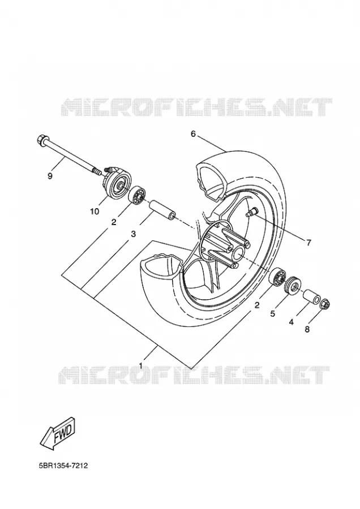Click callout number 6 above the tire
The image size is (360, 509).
coord(193,133)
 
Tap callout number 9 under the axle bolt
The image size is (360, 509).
coord(50,176)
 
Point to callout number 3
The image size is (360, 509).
coord(133,234)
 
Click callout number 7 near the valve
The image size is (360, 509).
coord(308,242)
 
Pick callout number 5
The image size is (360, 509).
coord(273,313)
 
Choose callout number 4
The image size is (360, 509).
coord(292,322)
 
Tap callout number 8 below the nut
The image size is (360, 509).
coord(307,329)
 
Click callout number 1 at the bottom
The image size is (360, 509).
coord(141,366)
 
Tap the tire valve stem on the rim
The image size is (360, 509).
coord(251,213)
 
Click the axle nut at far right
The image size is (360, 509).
coord(325,304)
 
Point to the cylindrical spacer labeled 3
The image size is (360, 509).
coord(162,210)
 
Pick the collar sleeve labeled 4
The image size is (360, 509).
coord(311,296)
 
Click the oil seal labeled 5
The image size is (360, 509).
coord(293,286)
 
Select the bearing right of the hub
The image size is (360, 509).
coord(277,277)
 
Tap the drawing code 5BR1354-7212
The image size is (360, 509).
coord(63,466)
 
